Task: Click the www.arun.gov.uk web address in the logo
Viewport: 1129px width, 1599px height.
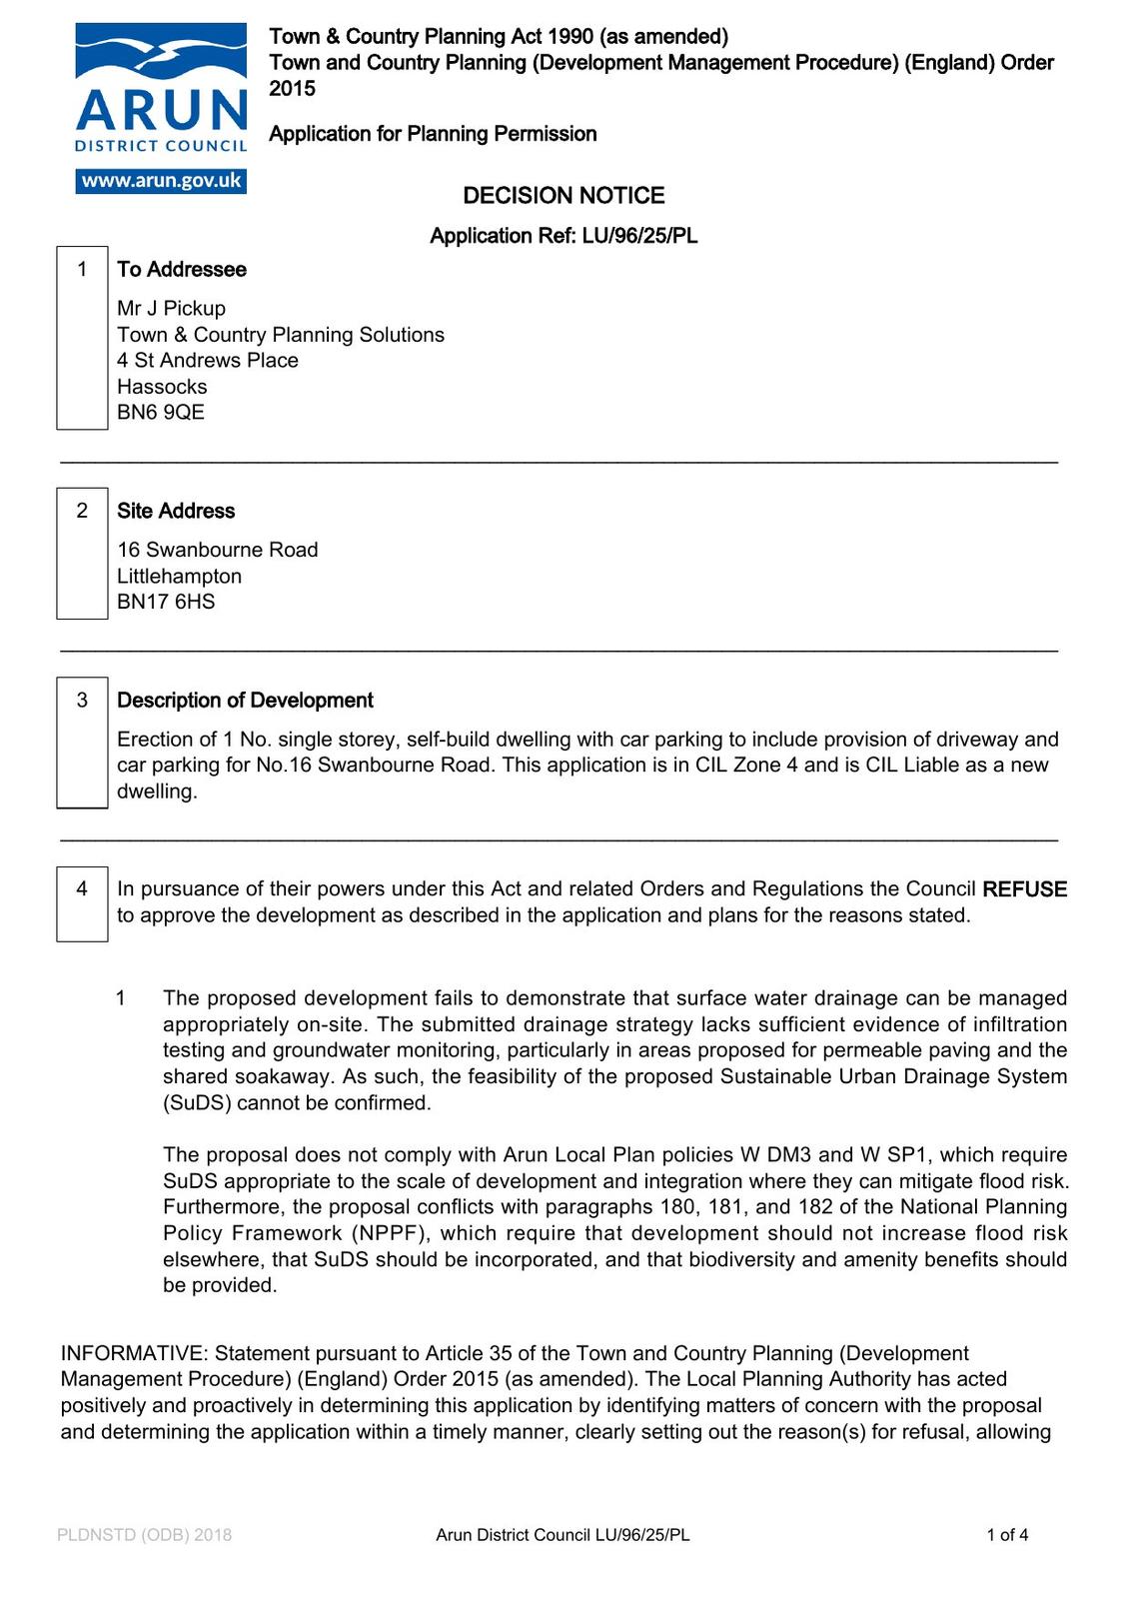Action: click(161, 181)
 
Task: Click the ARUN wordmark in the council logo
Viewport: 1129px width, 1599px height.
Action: click(162, 111)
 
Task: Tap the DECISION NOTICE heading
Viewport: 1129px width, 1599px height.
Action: click(564, 196)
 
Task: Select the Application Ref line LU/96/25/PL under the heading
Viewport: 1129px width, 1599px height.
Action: click(564, 236)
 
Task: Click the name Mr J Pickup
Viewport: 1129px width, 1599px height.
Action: click(171, 309)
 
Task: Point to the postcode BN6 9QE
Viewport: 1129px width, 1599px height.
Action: click(161, 413)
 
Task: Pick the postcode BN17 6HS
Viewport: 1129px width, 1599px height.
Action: click(166, 602)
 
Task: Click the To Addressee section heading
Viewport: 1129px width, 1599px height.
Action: click(182, 270)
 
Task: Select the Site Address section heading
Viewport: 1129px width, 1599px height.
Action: click(176, 512)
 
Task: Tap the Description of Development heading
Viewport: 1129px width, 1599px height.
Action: click(245, 701)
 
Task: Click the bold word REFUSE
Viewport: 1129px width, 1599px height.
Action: click(1024, 889)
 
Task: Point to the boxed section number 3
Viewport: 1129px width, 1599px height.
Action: click(82, 701)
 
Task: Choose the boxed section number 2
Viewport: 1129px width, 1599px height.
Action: click(82, 511)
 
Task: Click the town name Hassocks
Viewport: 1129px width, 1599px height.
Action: click(162, 387)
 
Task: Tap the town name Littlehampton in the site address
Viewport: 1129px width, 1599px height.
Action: click(179, 577)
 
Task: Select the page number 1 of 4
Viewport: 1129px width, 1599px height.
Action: click(1007, 1535)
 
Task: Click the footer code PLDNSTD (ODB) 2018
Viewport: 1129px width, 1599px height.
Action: click(144, 1535)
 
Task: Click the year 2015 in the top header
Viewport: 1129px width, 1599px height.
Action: click(292, 89)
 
